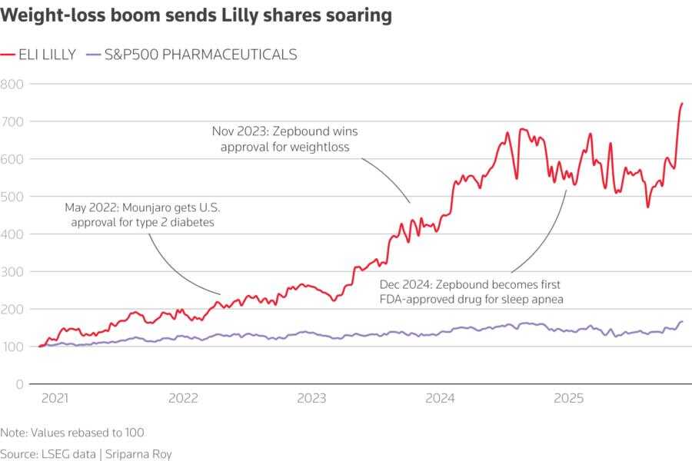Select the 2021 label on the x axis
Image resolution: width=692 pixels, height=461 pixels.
coord(55,399)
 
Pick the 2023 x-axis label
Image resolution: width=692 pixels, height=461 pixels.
coord(311,399)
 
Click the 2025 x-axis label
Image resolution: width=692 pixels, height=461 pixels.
coord(568,399)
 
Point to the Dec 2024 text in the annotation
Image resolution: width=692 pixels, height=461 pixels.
coord(406,284)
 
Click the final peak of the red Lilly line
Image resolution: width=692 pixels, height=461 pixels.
coord(682,103)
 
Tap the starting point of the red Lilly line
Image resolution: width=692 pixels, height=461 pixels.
coord(39,347)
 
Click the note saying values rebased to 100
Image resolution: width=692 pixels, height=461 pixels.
coord(72,433)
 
